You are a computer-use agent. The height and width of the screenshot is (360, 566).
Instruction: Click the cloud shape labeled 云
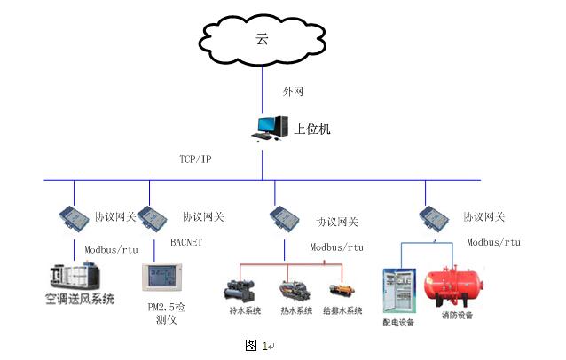262,39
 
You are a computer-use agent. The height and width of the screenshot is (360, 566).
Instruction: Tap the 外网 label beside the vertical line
293,91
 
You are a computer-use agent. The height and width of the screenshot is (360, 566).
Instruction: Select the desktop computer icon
270,128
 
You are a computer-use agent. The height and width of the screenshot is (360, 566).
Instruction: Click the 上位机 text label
312,129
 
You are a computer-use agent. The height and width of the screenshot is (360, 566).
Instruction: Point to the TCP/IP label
195,159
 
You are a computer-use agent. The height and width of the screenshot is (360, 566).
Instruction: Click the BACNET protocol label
186,242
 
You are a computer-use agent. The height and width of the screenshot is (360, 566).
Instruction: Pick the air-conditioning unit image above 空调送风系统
75,277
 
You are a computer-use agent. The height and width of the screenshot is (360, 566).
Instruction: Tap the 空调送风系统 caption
80,299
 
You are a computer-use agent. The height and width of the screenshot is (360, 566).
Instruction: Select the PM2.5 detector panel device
162,277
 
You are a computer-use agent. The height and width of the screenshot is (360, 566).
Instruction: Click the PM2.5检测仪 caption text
166,313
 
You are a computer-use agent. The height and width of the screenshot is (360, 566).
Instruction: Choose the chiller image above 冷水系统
240,291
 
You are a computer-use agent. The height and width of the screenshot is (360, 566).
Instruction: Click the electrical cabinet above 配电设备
399,291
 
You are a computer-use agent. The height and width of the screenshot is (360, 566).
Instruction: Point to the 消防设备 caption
458,316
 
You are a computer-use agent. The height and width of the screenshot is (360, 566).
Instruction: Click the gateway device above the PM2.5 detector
152,217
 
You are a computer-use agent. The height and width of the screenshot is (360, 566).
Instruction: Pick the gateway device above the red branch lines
285,218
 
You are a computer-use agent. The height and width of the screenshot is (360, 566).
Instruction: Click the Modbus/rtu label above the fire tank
494,242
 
